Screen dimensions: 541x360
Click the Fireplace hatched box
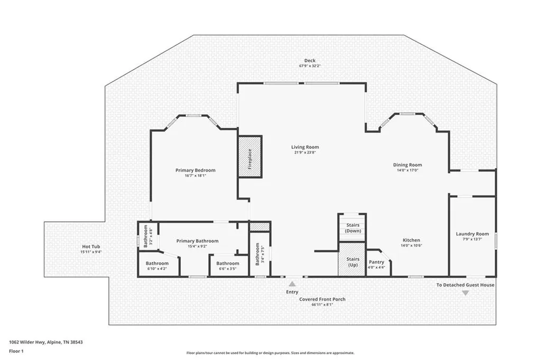(250, 157)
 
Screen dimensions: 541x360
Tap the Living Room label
(305, 147)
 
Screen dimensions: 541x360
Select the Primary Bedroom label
(195, 170)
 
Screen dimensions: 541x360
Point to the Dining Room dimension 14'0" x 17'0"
(407, 170)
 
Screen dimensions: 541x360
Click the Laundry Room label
(472, 234)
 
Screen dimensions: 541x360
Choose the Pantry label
(376, 262)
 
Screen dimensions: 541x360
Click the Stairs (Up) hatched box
(352, 259)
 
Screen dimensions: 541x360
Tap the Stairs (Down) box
(352, 228)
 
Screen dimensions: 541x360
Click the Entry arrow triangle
(292, 284)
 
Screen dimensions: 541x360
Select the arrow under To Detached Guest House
(465, 293)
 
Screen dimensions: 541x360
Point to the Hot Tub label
(91, 247)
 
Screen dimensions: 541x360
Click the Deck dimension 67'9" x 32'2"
(310, 65)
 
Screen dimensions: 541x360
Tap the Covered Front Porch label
(322, 299)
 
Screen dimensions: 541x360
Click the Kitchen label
(412, 240)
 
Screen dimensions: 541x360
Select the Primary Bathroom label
(198, 241)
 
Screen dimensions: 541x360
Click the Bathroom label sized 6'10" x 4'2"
(157, 263)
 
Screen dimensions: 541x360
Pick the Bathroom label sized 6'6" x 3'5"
(228, 263)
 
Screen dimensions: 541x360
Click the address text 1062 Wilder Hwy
(26, 343)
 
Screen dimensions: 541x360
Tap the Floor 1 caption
(16, 352)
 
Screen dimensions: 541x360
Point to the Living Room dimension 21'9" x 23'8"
(305, 153)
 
